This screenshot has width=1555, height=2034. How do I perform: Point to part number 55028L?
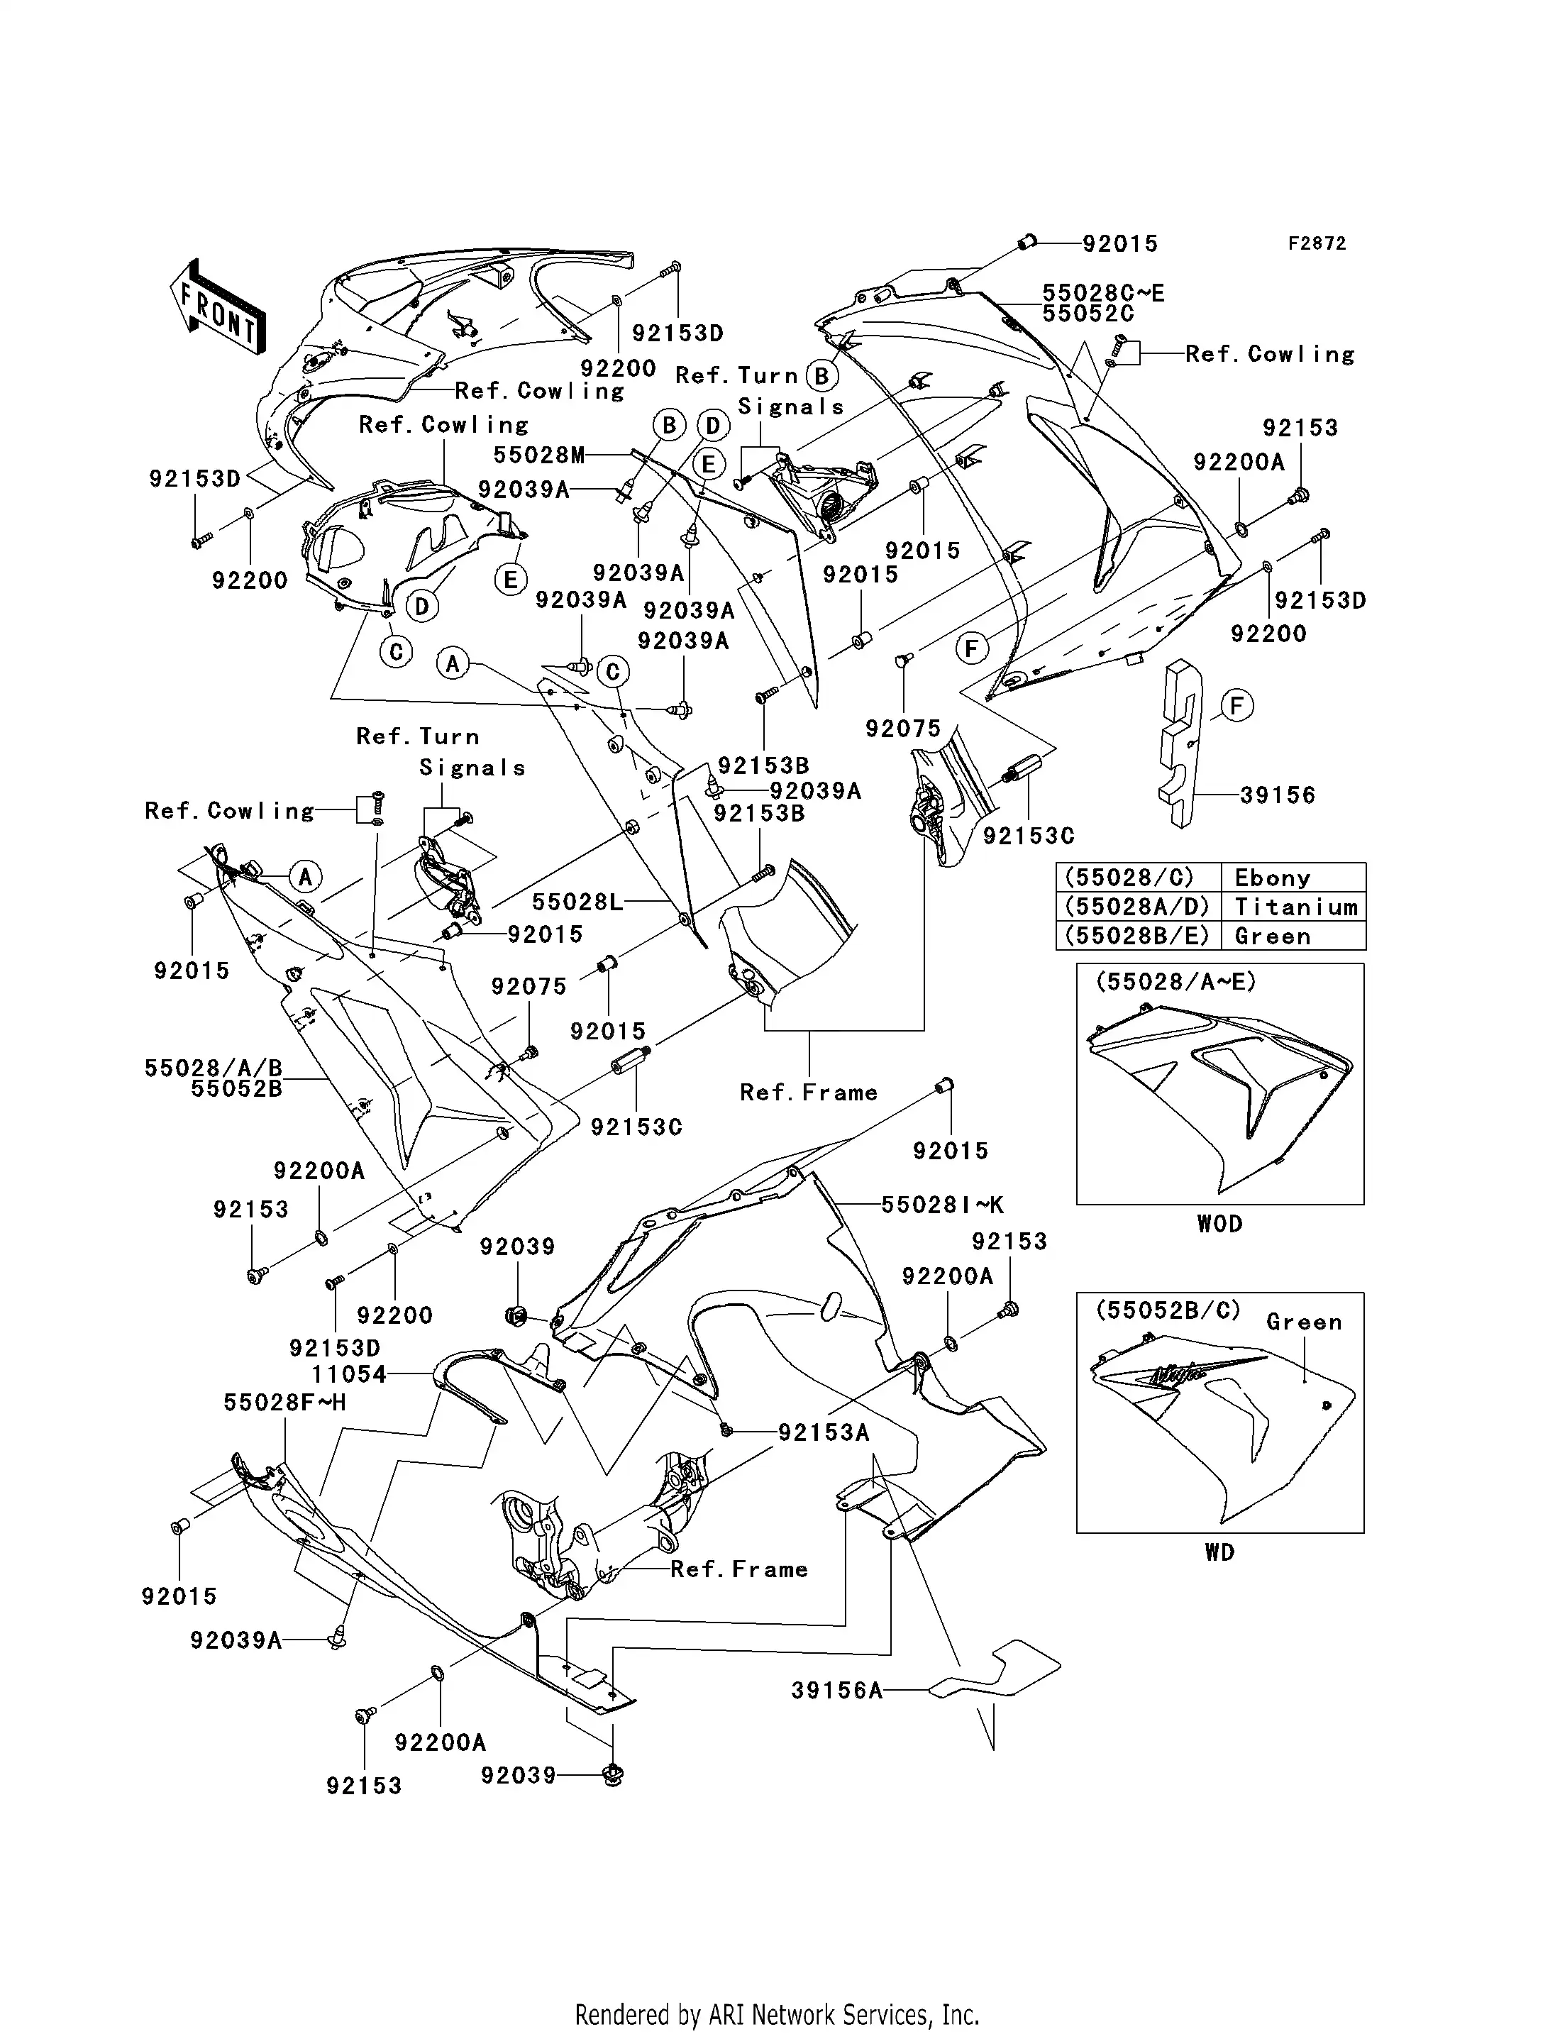pyautogui.click(x=577, y=901)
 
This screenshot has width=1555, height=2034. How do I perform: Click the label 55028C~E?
pyautogui.click(x=1103, y=294)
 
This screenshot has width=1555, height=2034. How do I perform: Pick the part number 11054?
pyautogui.click(x=349, y=1374)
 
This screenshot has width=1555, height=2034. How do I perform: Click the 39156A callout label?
pyautogui.click(x=837, y=1691)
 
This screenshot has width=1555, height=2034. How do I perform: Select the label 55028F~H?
pyautogui.click(x=284, y=1402)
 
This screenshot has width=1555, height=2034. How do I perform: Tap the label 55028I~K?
pyautogui.click(x=942, y=1205)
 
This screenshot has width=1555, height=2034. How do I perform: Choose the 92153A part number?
pyautogui.click(x=824, y=1432)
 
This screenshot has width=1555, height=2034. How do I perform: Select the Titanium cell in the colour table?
pyautogui.click(x=1295, y=907)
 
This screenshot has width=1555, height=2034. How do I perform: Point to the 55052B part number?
pyautogui.click(x=236, y=1089)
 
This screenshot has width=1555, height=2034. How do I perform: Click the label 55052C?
pyautogui.click(x=1088, y=314)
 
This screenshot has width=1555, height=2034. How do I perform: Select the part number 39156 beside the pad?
pyautogui.click(x=1278, y=795)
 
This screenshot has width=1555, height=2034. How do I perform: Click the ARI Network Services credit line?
pyautogui.click(x=777, y=2015)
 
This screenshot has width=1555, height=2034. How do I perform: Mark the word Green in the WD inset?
pyautogui.click(x=1303, y=1322)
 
